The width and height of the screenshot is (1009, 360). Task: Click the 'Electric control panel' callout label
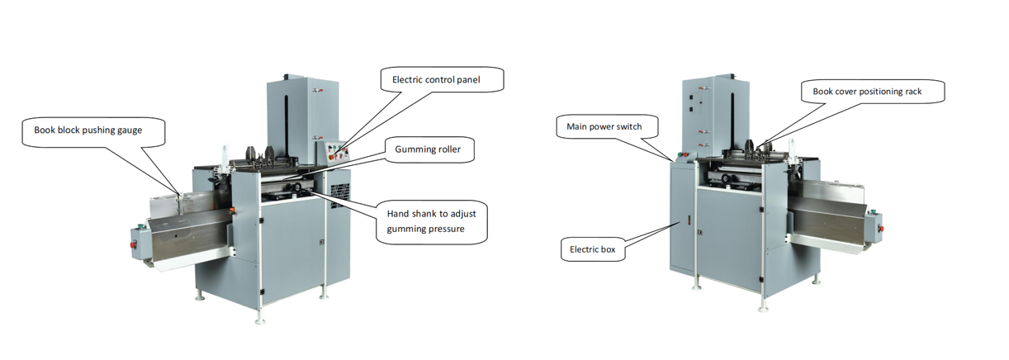tap(442, 80)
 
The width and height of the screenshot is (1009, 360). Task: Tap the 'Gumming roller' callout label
tap(429, 149)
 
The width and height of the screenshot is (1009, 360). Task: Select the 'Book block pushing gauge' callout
tap(93, 131)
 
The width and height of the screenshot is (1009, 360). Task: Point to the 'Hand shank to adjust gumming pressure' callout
tap(432, 222)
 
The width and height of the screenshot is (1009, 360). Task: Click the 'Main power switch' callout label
tap(606, 126)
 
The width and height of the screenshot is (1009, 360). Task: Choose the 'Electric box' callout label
tap(593, 249)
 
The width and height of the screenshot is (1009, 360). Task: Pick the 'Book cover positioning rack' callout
tap(873, 92)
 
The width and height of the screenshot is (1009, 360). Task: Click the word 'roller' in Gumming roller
tap(448, 149)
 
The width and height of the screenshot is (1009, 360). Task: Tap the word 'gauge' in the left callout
tap(130, 130)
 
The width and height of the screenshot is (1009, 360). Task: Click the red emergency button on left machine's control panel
tap(334, 156)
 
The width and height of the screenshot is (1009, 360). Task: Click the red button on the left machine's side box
tap(133, 245)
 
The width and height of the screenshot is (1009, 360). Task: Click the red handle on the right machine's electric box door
tap(688, 220)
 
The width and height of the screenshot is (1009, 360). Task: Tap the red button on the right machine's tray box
tap(881, 229)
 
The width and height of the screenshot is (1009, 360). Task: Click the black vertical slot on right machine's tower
tap(732, 121)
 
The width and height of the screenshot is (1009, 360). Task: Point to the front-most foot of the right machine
tap(763, 309)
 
